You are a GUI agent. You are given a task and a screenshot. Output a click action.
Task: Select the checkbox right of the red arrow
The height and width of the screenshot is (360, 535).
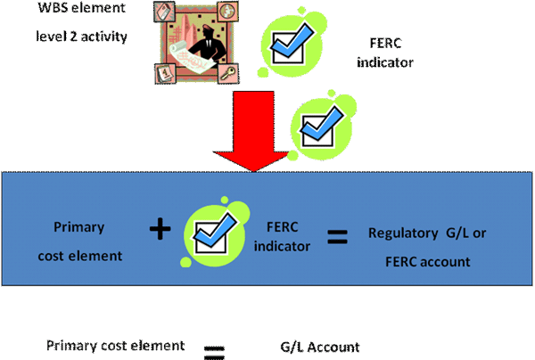(x=320, y=124)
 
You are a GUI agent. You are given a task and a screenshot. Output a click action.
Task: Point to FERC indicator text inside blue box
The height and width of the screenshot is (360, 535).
(x=284, y=233)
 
